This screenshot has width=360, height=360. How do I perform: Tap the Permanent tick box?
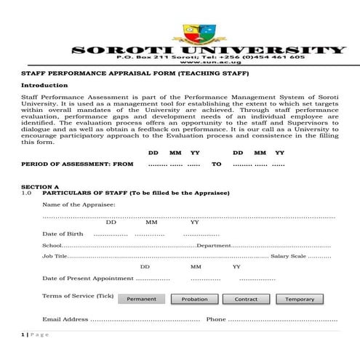click(x=141, y=299)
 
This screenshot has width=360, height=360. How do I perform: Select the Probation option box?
click(x=194, y=299)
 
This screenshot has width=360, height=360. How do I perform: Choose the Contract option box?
click(x=246, y=299)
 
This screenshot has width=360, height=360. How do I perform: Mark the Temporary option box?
click(x=300, y=299)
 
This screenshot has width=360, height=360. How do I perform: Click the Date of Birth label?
click(x=63, y=233)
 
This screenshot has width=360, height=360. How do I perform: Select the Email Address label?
click(x=65, y=319)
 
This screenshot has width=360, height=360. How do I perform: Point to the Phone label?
click(x=216, y=319)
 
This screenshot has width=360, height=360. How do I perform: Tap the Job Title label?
click(x=55, y=256)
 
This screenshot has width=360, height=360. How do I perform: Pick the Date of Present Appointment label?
click(x=87, y=279)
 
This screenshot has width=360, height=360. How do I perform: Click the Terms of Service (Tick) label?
click(x=79, y=296)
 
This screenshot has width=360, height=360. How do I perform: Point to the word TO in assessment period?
click(x=217, y=164)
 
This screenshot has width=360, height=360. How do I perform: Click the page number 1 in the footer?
click(x=23, y=334)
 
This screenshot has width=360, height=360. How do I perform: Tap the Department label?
click(x=214, y=246)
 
